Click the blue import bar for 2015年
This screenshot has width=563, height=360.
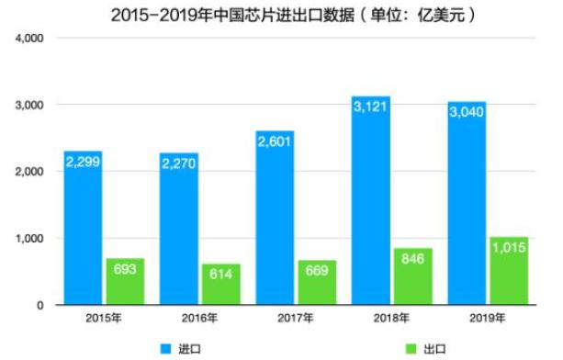pos(83,230)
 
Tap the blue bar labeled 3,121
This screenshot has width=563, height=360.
pos(371,202)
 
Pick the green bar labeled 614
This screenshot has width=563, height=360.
pos(220,285)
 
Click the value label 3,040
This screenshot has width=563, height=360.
pos(467,113)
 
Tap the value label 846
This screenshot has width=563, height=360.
pos(412,261)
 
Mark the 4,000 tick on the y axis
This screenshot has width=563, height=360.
pos(31,39)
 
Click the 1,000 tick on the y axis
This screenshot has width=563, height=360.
pos(31,239)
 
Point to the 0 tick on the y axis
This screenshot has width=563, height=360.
pos(40,305)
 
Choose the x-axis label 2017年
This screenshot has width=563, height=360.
pos(295,318)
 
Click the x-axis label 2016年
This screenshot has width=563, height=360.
pos(199,318)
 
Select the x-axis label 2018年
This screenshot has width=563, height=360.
pos(391,318)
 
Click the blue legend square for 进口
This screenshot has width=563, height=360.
pos(166,348)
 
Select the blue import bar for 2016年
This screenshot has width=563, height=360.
pos(178,230)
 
